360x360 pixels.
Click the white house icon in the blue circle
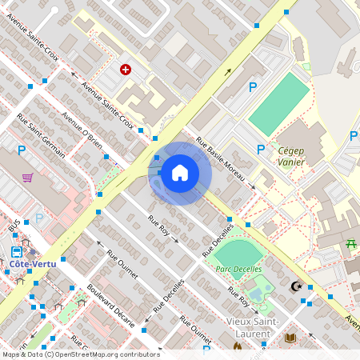179,173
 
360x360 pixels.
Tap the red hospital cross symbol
126,70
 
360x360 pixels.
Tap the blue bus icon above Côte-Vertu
17,250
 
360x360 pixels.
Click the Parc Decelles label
238,269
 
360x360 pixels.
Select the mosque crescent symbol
296,286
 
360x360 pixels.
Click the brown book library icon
290,338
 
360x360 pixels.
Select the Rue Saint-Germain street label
41,138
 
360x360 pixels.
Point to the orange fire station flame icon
237,347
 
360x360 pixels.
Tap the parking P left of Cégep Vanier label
260,149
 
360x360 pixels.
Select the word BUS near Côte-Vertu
12,228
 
